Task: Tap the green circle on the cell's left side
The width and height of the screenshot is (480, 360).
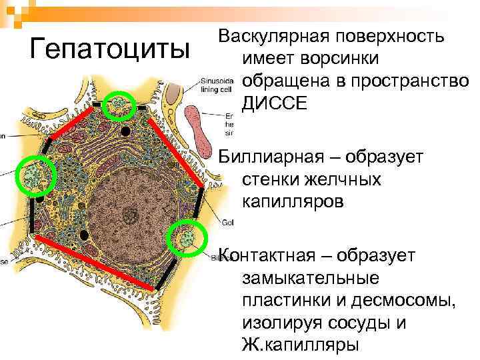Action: coord(34,176)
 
